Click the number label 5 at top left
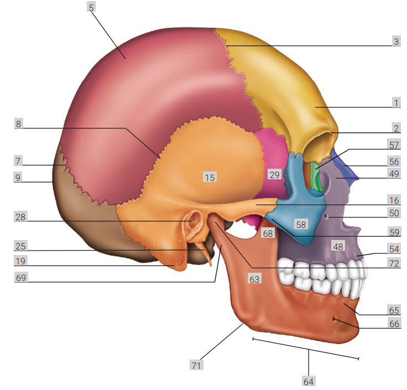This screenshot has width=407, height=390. click(91, 7)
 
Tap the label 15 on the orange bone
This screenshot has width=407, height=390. click(210, 178)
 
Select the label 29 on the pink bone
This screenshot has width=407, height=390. click(274, 174)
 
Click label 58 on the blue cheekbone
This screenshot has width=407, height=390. click(301, 225)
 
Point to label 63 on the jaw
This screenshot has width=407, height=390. click(254, 279)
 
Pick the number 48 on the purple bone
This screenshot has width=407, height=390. click(338, 246)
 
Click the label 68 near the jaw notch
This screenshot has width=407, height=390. click(268, 233)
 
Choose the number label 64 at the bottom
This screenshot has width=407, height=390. click(309, 382)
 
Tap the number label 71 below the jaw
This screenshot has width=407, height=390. click(196, 365)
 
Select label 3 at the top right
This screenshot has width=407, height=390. click(396, 41)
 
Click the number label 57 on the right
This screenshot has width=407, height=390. click(394, 144)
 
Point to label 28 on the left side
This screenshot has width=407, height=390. click(20, 217)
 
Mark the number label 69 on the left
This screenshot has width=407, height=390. click(21, 278)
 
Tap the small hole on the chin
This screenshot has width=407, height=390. click(334, 319)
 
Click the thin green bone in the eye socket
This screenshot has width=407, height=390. click(316, 178)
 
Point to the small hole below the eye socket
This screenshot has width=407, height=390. click(327, 216)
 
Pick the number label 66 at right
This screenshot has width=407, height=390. click(394, 324)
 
